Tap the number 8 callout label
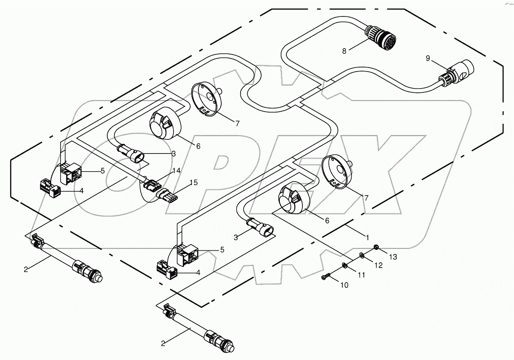coord(344,51)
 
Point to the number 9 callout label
coord(428,59)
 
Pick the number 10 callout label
coord(345,285)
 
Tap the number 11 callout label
coord(362,275)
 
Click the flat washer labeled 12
coord(362,255)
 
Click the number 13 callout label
coord(393,257)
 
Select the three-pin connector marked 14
coord(149,186)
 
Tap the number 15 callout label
coord(193,183)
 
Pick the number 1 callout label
coord(367,237)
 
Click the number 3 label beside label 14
coord(173,153)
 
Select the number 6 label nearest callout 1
coord(327,221)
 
